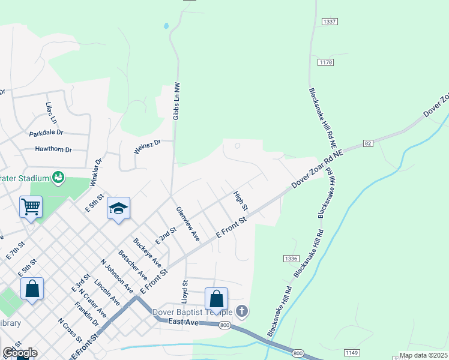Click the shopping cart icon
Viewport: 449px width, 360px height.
[31, 207]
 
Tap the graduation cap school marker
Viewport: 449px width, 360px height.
[118, 208]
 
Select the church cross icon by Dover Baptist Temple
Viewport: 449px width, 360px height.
[242, 311]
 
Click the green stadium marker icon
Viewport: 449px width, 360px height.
[58, 177]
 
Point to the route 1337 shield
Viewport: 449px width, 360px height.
[329, 22]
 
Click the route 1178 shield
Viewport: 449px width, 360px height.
[326, 62]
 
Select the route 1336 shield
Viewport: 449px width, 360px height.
[291, 258]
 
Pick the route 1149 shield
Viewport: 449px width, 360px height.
[352, 352]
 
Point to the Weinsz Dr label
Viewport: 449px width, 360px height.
[147, 146]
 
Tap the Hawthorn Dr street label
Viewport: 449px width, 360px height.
[53, 149]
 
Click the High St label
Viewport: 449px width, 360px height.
[241, 201]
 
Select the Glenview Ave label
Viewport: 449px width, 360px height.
[187, 224]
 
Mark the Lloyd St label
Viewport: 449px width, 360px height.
[185, 290]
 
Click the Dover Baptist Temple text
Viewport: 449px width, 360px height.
[192, 312]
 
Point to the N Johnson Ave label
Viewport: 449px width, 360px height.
[117, 275]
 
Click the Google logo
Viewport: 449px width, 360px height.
[19, 353]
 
